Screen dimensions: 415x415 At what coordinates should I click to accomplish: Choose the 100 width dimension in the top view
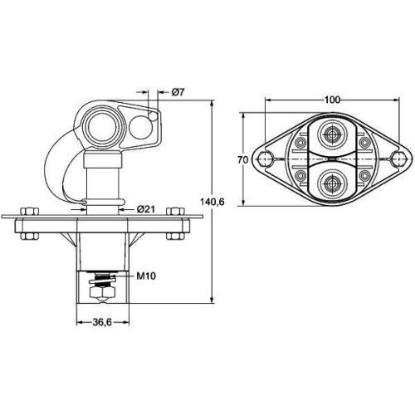(332, 100)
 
